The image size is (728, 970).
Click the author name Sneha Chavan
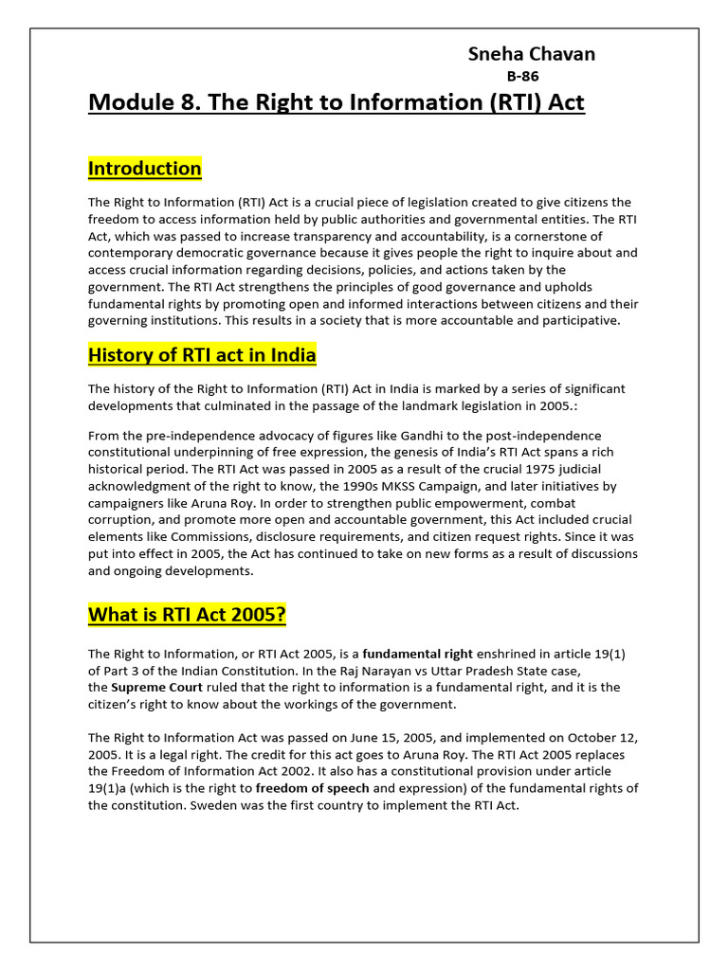point(532,54)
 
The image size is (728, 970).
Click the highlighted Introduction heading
point(145,169)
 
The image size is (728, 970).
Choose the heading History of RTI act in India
point(202,355)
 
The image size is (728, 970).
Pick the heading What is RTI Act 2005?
point(187,615)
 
